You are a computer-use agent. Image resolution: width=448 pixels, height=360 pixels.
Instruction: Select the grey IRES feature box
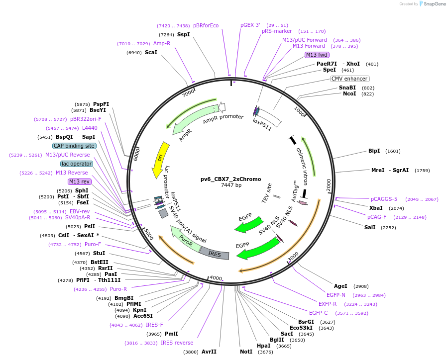click(x=215, y=254)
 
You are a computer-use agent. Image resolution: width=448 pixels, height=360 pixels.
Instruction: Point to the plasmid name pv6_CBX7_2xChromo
click(x=230, y=179)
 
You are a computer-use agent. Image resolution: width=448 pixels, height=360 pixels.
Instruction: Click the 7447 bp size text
click(x=231, y=185)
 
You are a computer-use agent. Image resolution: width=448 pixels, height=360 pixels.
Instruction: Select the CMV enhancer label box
click(x=349, y=79)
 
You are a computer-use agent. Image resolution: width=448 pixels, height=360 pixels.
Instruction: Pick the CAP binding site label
click(x=74, y=146)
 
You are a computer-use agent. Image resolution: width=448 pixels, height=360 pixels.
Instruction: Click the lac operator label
click(x=77, y=164)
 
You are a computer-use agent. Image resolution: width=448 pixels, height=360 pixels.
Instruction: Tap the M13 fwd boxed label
click(x=317, y=55)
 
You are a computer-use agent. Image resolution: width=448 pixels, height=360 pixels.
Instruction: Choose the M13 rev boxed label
click(x=80, y=181)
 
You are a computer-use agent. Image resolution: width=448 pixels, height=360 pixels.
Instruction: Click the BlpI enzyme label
click(x=374, y=151)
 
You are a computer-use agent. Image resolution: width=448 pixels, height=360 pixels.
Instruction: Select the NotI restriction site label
click(x=246, y=352)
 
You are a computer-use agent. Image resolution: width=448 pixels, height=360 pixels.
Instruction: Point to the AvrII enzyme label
click(x=209, y=352)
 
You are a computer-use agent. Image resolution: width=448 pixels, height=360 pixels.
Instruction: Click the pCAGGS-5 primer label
click(x=384, y=199)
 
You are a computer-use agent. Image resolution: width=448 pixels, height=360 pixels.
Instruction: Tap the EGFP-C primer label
click(x=318, y=313)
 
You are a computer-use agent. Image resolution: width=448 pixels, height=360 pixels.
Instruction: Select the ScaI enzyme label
click(x=151, y=52)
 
